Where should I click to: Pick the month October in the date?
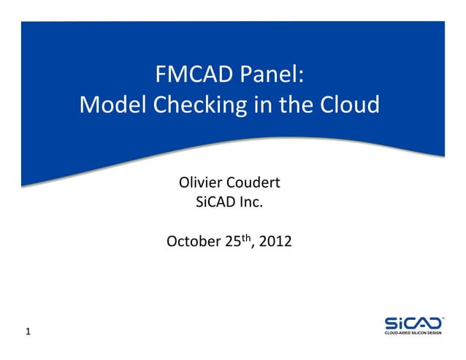192,241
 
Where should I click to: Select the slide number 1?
28,333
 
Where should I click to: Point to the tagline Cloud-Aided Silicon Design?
413,334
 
